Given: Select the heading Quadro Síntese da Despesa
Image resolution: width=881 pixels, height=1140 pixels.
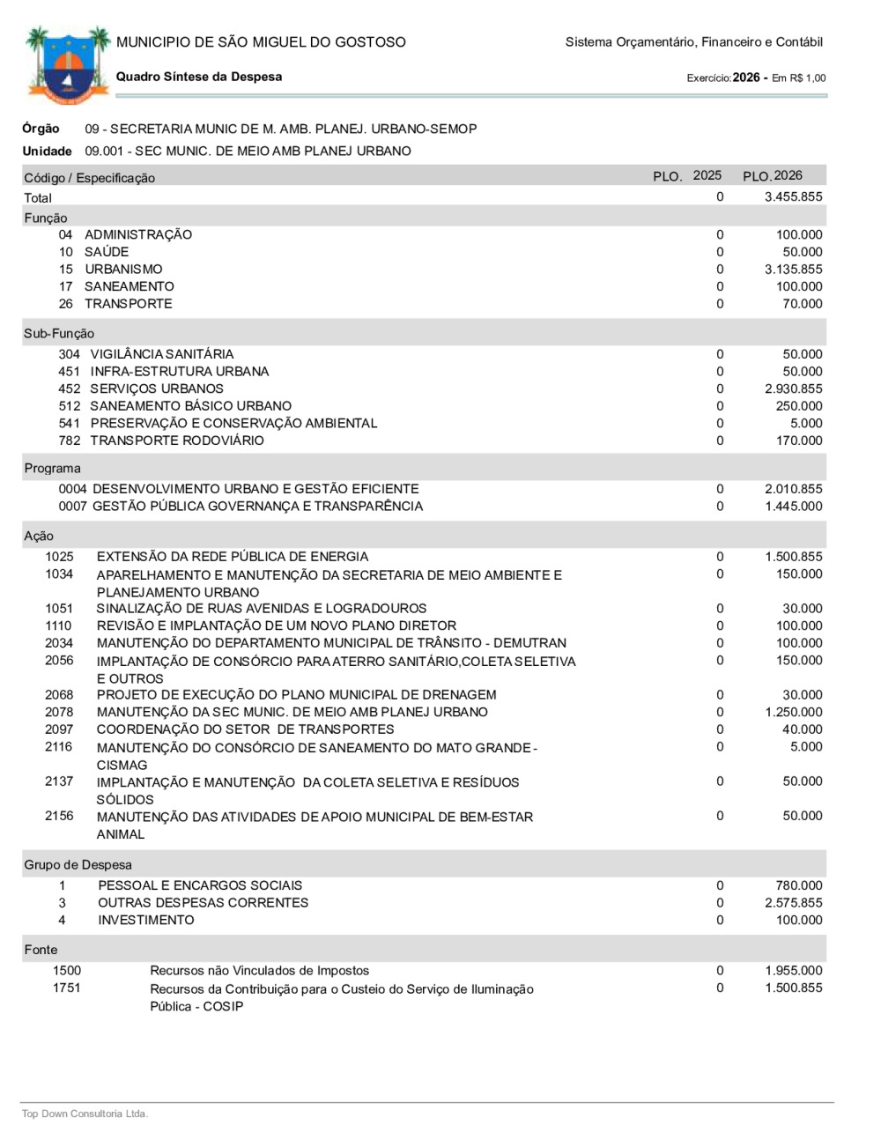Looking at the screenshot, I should tap(199, 77).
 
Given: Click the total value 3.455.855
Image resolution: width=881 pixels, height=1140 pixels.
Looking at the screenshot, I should tap(793, 197).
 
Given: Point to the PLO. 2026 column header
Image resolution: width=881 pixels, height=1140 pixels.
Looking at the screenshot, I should tap(773, 176).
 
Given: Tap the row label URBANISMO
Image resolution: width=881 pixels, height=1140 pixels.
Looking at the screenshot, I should tap(123, 270).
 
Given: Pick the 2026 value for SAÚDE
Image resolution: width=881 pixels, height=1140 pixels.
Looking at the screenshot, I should tap(802, 252).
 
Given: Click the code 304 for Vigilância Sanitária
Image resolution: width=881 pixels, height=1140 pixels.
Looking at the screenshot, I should tap(70, 354).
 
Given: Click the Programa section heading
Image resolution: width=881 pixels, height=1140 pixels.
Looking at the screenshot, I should tap(52, 469).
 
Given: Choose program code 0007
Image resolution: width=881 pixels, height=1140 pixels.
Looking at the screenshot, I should tap(73, 507).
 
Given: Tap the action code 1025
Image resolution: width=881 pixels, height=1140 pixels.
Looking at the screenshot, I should tap(60, 557).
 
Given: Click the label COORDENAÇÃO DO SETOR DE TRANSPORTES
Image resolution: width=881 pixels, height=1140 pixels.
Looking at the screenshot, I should tap(245, 729).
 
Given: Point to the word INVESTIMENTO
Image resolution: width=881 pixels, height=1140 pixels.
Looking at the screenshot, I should tap(146, 920).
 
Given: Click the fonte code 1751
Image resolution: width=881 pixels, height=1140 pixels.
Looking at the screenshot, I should tap(67, 988).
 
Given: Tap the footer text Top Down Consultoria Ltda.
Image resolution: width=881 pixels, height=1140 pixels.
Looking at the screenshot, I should tap(85, 1114).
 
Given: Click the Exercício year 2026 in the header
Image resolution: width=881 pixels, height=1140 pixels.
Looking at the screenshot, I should tap(746, 78).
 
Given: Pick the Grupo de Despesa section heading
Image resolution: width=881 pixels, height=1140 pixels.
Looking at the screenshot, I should tap(78, 865).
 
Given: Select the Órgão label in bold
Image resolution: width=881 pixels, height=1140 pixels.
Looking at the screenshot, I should tap(41, 129).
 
